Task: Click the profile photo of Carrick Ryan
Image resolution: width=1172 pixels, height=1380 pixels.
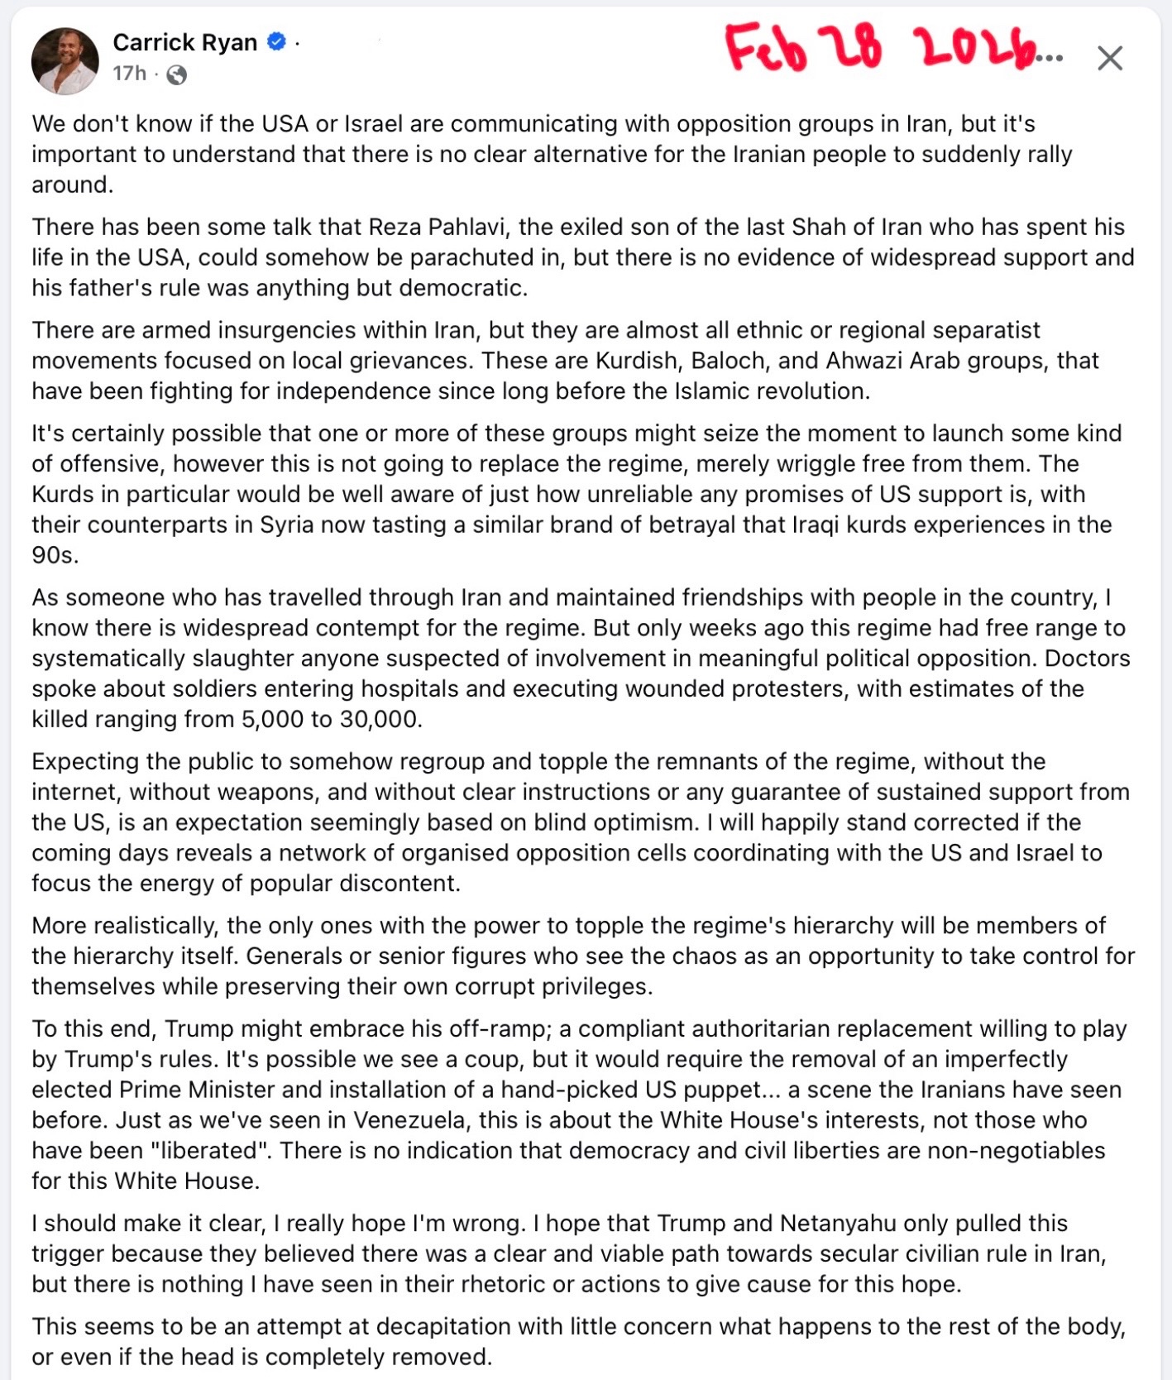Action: [x=65, y=60]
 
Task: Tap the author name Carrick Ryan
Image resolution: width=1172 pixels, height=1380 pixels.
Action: [x=184, y=42]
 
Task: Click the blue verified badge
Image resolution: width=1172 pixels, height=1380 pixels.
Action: [x=277, y=41]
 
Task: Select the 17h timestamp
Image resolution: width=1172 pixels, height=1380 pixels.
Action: [x=129, y=74]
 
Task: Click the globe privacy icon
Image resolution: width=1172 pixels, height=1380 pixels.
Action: [x=176, y=75]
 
